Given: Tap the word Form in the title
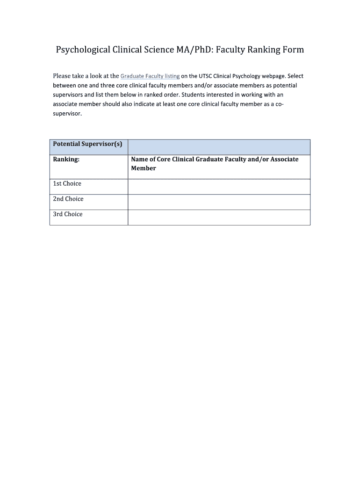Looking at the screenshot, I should tap(292, 50).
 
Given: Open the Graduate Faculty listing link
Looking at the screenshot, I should tap(150, 76).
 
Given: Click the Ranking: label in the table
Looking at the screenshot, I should tap(66, 159).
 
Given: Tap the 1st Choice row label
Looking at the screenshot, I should tap(67, 183).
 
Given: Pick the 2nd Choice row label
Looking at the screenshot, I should tap(68, 199).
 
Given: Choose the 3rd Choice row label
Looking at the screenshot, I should tap(67, 214).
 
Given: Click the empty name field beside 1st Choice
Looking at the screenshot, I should tap(219, 187).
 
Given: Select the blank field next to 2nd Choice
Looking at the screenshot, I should tap(219, 202).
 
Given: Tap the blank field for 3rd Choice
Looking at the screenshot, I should tap(219, 218).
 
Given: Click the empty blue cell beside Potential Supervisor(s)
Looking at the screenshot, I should tap(219, 147).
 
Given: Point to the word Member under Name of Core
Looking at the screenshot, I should tap(144, 168).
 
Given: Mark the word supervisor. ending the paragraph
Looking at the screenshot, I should tap(67, 113).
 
